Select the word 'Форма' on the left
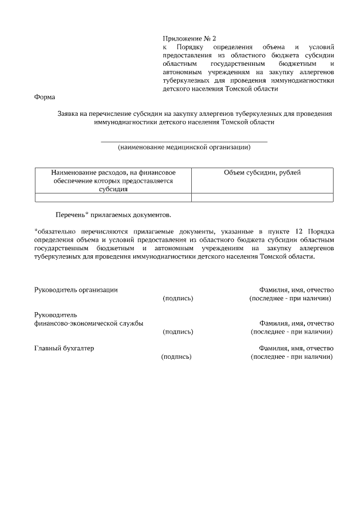click(44, 97)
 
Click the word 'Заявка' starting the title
click(70, 114)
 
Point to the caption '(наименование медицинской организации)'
click(184, 147)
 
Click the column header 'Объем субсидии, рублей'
click(262, 173)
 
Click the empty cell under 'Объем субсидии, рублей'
click(262, 197)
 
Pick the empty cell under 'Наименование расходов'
click(113, 197)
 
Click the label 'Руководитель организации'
click(76, 290)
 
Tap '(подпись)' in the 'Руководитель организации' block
click(178, 298)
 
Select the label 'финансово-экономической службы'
click(89, 323)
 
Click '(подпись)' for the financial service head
click(178, 332)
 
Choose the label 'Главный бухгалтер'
click(64, 348)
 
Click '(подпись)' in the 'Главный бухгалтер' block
click(176, 357)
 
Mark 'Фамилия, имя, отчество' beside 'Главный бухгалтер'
click(296, 348)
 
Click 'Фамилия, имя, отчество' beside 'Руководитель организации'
click(296, 290)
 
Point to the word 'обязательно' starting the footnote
click(55, 231)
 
